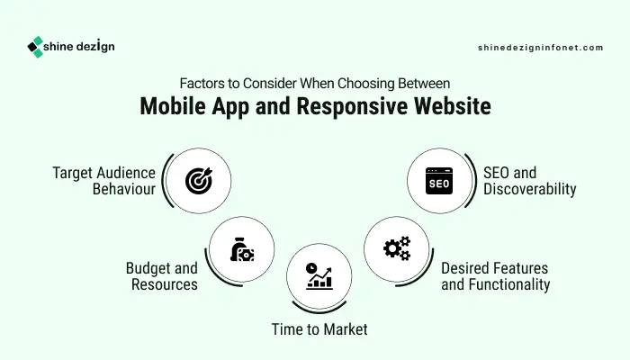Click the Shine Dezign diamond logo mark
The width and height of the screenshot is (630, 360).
tap(35, 47)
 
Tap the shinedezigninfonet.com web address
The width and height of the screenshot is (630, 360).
tap(540, 48)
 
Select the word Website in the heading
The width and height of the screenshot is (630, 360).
tap(453, 106)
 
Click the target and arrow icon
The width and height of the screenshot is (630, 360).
tap(199, 181)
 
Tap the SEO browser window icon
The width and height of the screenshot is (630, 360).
tap(439, 181)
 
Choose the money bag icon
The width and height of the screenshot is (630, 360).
tap(242, 249)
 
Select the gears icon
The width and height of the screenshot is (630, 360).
tap(397, 248)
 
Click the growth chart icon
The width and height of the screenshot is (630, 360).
tap(319, 276)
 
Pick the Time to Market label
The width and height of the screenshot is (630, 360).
tap(319, 329)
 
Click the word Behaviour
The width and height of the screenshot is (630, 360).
tap(124, 189)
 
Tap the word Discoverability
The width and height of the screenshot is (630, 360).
tap(529, 189)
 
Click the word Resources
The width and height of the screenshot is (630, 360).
tap(165, 284)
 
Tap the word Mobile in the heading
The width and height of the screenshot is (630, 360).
tap(173, 106)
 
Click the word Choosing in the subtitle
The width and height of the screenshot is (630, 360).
tap(366, 84)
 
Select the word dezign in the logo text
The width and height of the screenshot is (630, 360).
tap(95, 47)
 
